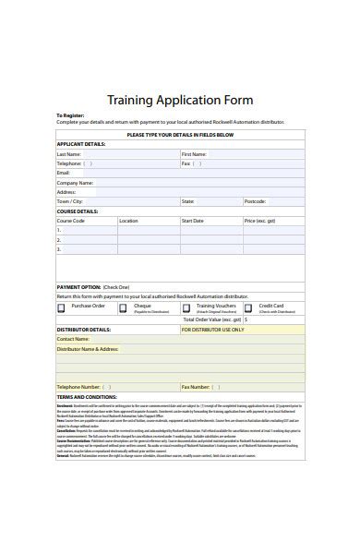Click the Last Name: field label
pyautogui.click(x=69, y=153)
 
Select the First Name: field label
pyautogui.click(x=194, y=153)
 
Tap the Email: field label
pyautogui.click(x=64, y=173)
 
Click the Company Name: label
pyautogui.click(x=76, y=182)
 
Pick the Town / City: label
pyautogui.click(x=70, y=200)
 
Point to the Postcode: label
pyautogui.click(x=255, y=200)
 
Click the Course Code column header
pyautogui.click(x=71, y=221)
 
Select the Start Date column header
pyautogui.click(x=192, y=221)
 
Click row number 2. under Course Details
pyautogui.click(x=59, y=240)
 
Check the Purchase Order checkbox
pyautogui.click(x=62, y=307)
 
